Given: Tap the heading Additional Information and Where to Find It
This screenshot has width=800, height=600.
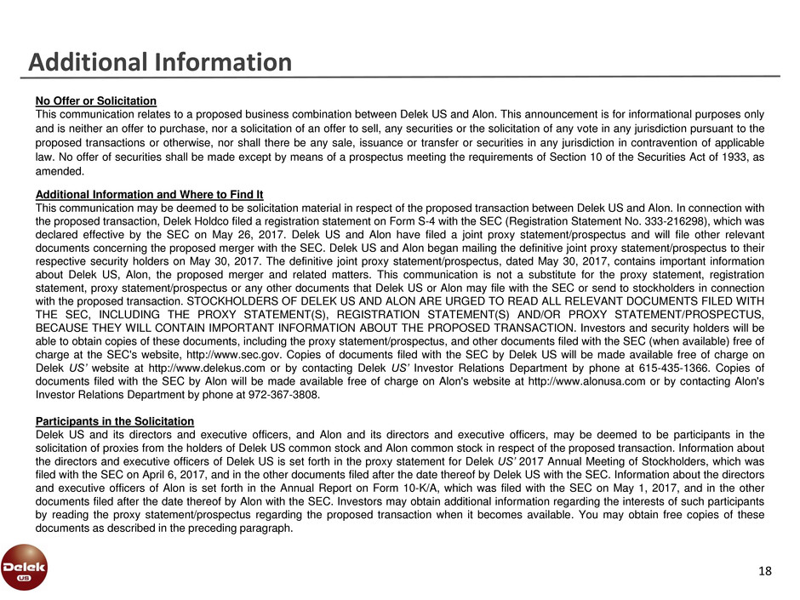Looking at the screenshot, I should coord(148,194).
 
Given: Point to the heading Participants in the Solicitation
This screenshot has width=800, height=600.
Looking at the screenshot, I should coord(114,421).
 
